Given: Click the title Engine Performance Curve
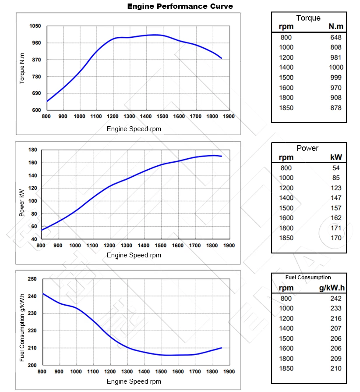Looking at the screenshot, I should [180, 7].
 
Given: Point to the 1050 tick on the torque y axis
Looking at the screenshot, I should [35, 26].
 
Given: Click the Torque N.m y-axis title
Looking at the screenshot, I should [22, 68].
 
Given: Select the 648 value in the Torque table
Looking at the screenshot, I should [336, 37].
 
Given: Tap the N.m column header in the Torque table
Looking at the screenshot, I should [336, 27].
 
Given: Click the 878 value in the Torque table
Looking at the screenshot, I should [336, 108].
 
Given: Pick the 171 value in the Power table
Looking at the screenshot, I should [336, 228].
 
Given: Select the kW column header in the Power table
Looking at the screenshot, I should [336, 157].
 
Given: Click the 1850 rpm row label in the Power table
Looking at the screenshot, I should [286, 238].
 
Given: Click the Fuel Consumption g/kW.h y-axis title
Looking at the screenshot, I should [22, 328].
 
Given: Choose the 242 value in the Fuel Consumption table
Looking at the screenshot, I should [336, 298].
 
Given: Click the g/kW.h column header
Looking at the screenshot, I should [332, 288].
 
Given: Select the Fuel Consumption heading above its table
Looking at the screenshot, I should [308, 278].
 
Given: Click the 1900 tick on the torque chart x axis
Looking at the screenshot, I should [229, 117].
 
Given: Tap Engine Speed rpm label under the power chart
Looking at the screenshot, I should [134, 255].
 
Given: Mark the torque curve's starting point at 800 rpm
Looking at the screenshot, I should [47, 101].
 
